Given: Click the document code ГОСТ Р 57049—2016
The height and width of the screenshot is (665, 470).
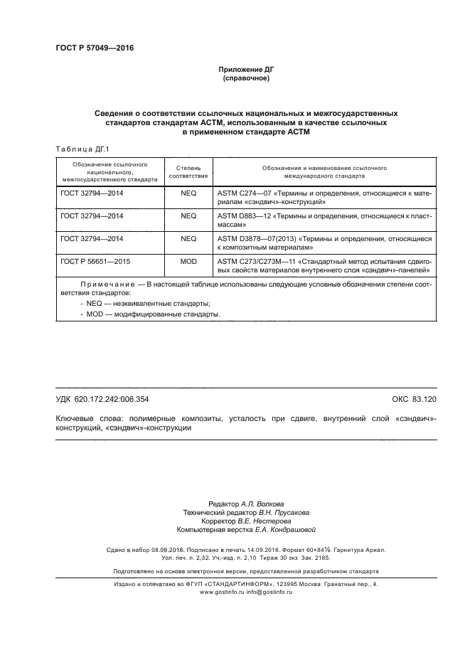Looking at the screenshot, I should pyautogui.click(x=95, y=48).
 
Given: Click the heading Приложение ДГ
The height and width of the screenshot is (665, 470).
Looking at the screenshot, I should pyautogui.click(x=245, y=70).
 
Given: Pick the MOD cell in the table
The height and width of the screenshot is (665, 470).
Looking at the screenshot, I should pyautogui.click(x=188, y=262).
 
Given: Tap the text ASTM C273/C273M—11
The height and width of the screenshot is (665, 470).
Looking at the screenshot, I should pyautogui.click(x=255, y=262).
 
